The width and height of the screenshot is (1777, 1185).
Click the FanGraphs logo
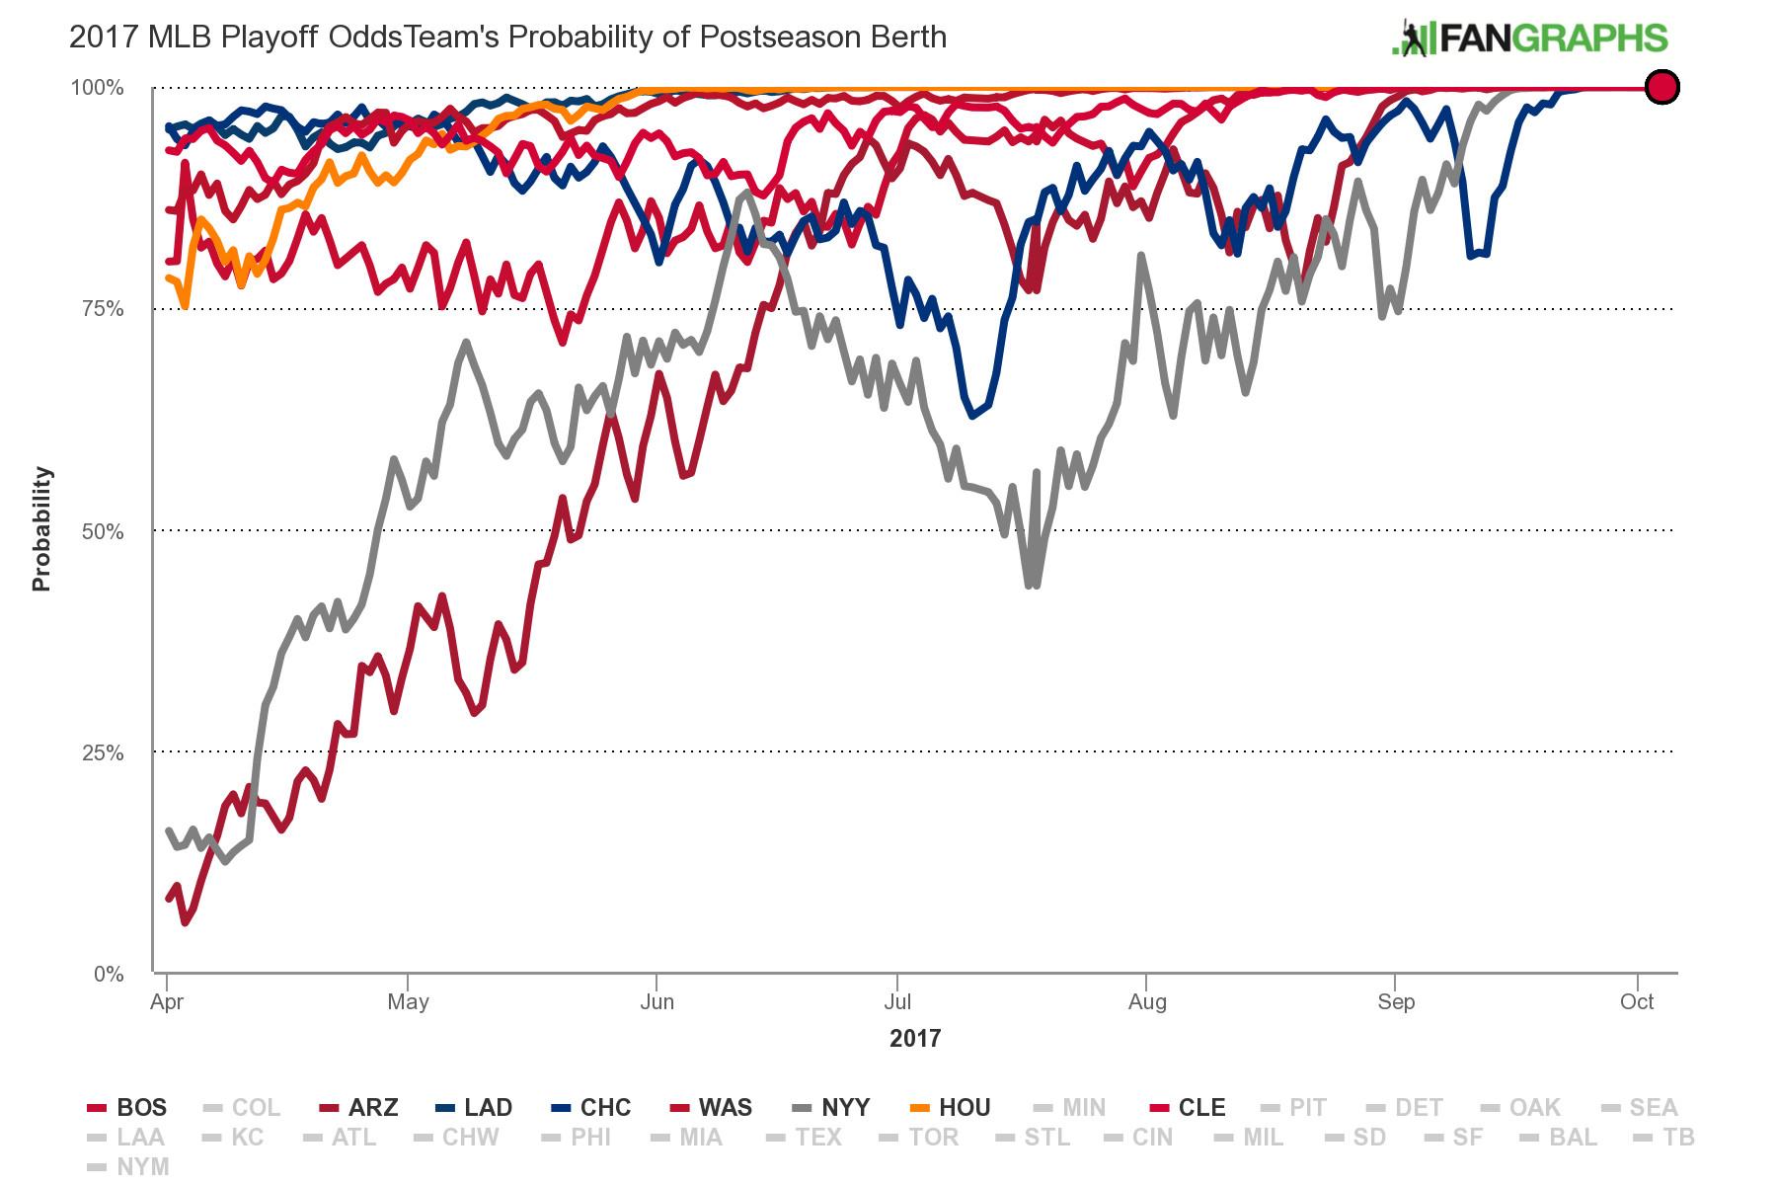pyautogui.click(x=1529, y=39)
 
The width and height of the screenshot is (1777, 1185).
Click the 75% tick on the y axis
pyautogui.click(x=103, y=309)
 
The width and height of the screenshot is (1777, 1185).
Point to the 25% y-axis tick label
pyautogui.click(x=103, y=752)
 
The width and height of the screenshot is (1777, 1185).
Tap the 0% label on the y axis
pyautogui.click(x=109, y=975)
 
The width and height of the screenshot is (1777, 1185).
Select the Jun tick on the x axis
pyautogui.click(x=657, y=1002)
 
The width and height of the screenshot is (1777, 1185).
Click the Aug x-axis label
pyautogui.click(x=1147, y=1002)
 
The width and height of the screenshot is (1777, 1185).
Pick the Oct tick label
pyautogui.click(x=1637, y=1002)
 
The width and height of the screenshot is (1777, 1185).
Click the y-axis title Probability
pyautogui.click(x=40, y=529)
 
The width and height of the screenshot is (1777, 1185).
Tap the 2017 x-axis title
pyautogui.click(x=915, y=1038)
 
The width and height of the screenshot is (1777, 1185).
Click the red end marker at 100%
pyautogui.click(x=1662, y=87)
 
